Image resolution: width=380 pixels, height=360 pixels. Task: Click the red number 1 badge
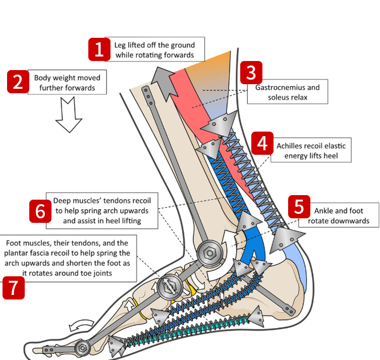click(99, 49)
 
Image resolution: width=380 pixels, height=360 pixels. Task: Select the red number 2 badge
click(18, 82)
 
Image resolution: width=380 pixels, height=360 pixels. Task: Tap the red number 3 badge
click(251, 73)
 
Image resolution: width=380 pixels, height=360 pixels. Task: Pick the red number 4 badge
click(262, 144)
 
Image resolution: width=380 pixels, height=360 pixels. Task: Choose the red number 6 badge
click(40, 211)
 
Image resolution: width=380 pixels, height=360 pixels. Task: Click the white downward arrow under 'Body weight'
click(69, 115)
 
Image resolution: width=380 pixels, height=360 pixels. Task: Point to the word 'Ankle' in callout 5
click(323, 211)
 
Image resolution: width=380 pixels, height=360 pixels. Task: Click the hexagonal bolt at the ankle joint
click(208, 251)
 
